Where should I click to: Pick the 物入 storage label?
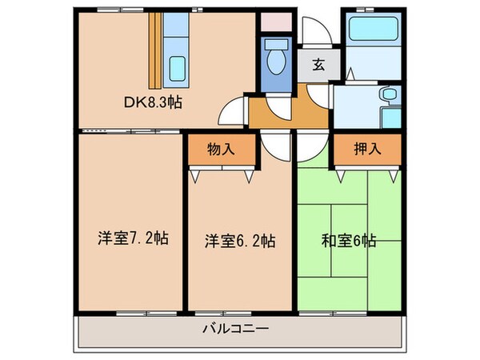(222, 150)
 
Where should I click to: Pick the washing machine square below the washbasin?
(390, 118)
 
